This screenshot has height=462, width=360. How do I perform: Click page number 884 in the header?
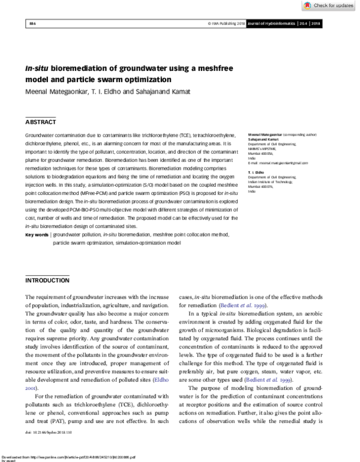[32, 24]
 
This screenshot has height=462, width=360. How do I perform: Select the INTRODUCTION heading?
[47, 280]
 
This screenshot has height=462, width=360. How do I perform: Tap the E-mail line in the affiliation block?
[278, 163]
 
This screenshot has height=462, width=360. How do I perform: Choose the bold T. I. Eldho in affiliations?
[257, 173]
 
